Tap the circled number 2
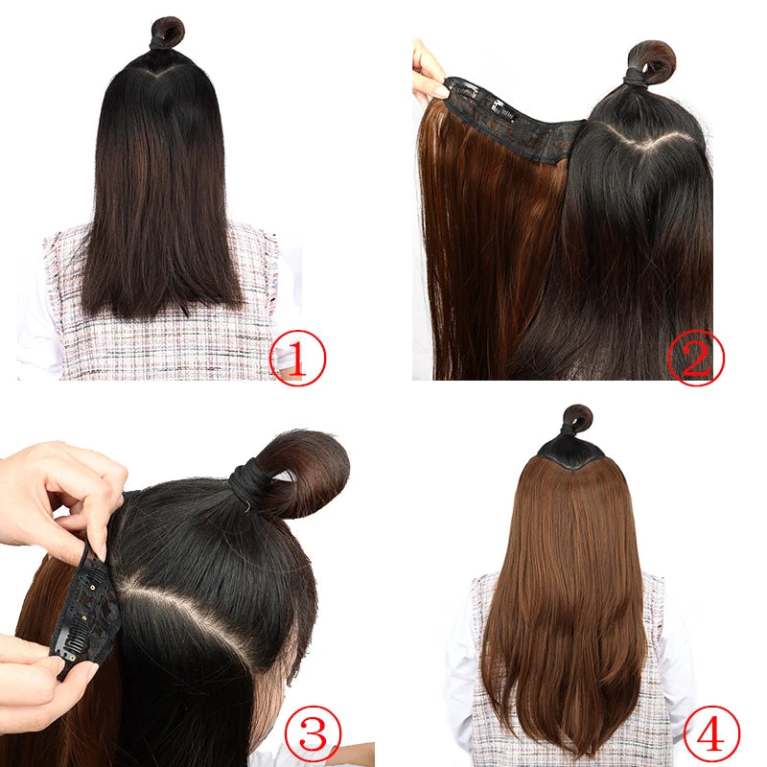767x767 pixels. (x=695, y=357)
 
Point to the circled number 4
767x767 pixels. (x=711, y=733)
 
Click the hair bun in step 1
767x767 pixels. (x=168, y=31)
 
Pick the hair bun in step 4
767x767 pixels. (x=577, y=419)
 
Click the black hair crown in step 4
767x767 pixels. (x=572, y=451)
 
